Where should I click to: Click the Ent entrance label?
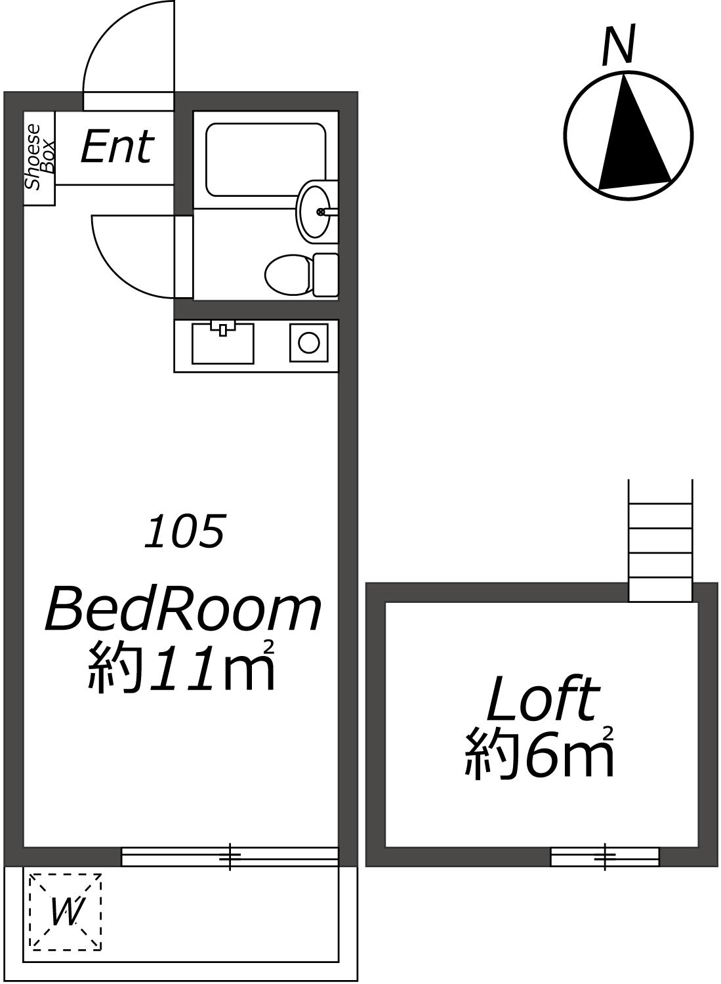coord(117,146)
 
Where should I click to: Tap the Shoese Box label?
coord(39,157)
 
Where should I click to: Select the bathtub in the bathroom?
coord(266,159)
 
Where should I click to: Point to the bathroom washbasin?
coord(314,211)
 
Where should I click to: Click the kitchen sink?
coord(223,343)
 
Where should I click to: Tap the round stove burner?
coord(309,342)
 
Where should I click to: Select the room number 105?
coord(185,531)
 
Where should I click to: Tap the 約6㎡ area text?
coord(539,754)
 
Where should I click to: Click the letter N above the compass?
coord(619,45)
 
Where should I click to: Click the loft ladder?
coord(661,540)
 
